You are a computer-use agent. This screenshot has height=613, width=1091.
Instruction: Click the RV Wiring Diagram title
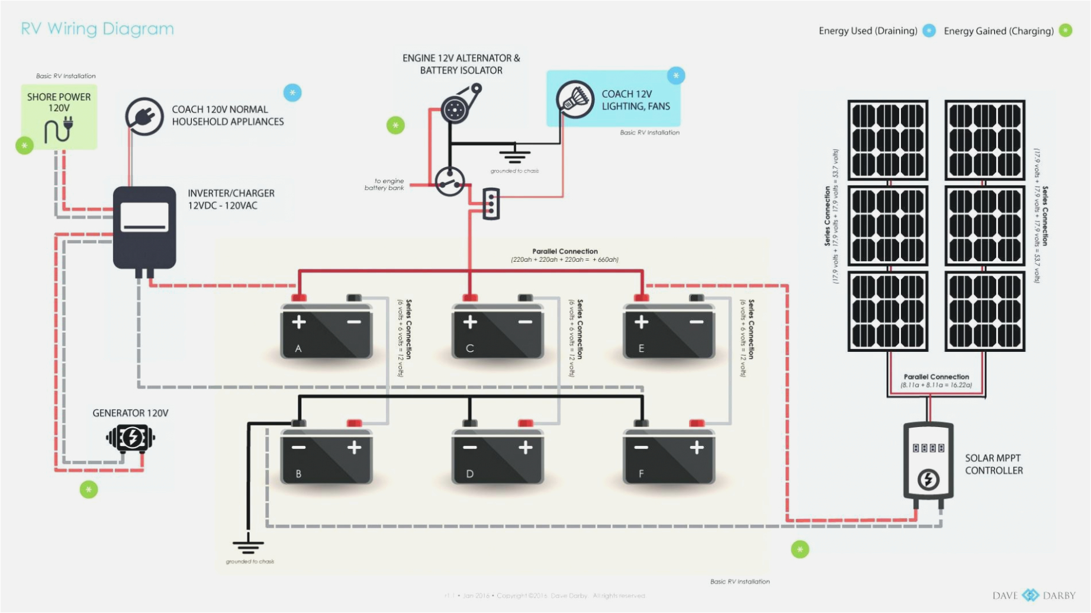(97, 28)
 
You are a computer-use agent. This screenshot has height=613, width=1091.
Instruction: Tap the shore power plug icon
(59, 130)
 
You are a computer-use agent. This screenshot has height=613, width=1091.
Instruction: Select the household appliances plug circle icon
(144, 116)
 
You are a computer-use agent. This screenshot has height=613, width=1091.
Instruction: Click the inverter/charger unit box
(144, 227)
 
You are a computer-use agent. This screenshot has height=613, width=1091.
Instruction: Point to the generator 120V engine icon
(130, 438)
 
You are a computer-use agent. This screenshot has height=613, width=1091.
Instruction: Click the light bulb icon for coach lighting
(575, 99)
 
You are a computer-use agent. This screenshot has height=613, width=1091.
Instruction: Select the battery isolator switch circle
(450, 181)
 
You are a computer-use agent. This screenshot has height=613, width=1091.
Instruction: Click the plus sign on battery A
(299, 322)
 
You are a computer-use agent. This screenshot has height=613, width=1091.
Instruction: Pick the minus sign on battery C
(525, 322)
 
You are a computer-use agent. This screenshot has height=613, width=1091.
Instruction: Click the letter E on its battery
(641, 348)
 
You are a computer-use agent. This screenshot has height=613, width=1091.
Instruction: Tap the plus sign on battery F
(697, 447)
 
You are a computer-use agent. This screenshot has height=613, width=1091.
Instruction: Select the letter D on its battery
(469, 474)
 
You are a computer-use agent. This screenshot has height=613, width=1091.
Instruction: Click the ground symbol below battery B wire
(248, 544)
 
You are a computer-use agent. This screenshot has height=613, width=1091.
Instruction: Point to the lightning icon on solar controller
(928, 479)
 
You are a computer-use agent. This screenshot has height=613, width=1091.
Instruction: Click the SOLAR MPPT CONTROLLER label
(993, 464)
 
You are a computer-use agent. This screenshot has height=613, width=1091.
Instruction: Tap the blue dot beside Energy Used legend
(929, 31)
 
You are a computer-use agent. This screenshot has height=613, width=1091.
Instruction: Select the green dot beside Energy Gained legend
(1065, 31)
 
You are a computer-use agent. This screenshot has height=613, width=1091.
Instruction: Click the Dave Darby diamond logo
(1031, 595)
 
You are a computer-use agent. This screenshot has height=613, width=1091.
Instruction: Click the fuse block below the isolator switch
(491, 204)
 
